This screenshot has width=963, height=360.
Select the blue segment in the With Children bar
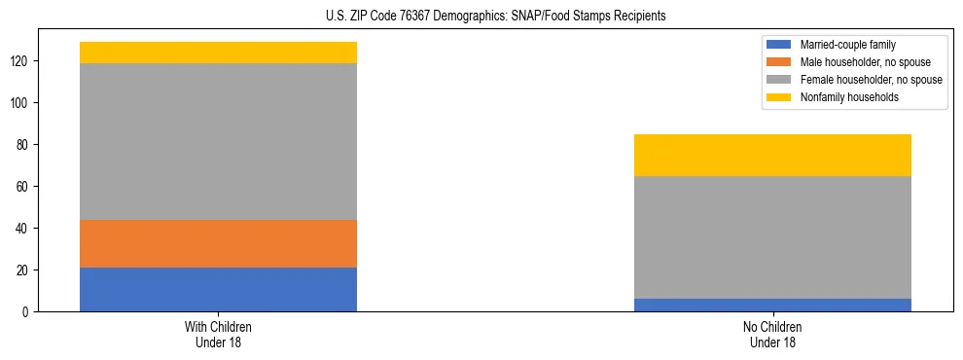[218, 289]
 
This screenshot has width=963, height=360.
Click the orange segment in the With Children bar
[218, 243]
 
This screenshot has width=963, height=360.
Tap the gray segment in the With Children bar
[218, 141]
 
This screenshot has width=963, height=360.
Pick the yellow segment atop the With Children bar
[218, 53]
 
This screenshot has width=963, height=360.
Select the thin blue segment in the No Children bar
[772, 305]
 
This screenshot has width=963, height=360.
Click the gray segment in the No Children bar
[772, 236]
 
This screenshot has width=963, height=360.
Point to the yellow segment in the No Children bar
[772, 155]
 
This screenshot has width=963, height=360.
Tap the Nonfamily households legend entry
[847, 97]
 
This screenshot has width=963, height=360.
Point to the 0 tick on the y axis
[28, 312]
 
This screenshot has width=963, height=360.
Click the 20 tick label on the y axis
[25, 270]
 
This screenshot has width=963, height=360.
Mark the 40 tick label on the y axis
[25, 229]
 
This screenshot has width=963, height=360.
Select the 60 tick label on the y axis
[25, 187]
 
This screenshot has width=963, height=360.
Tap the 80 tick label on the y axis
[25, 145]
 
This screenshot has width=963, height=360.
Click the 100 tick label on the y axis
[23, 103]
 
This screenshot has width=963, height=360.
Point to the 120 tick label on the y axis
[23, 61]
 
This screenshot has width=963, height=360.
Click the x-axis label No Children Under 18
[772, 335]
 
